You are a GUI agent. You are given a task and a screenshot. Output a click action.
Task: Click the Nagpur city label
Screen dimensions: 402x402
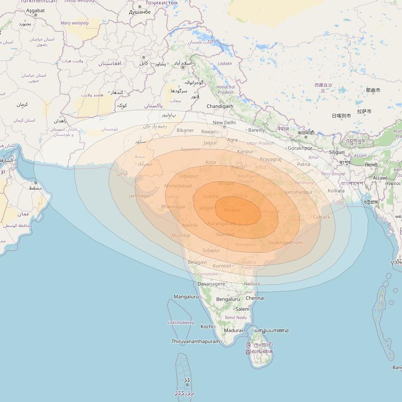(232, 210)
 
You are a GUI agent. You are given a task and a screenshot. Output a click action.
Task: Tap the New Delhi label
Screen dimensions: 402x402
(224, 123)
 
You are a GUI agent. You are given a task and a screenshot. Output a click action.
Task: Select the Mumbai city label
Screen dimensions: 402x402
(181, 235)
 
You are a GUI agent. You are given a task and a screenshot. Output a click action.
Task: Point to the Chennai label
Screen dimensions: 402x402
(255, 298)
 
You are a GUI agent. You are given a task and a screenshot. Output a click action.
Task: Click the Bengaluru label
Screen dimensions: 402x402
(228, 299)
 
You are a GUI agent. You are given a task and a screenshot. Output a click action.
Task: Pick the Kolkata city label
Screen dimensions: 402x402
(336, 190)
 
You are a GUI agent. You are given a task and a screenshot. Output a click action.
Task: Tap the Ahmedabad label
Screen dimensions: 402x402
(178, 186)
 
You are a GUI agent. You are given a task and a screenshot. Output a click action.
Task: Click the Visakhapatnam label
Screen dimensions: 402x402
(285, 242)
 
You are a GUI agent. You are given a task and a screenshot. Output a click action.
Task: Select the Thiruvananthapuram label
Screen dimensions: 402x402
(195, 341)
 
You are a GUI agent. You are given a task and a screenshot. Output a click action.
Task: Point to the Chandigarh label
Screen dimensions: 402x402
(220, 106)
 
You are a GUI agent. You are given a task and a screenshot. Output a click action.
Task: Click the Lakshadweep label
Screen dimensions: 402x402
(181, 323)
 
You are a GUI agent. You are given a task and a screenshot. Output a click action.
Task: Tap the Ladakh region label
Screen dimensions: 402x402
(224, 64)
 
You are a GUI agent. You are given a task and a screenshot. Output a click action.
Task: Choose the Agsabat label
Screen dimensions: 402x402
(35, 10)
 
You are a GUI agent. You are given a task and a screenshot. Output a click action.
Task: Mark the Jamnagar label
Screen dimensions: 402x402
(139, 196)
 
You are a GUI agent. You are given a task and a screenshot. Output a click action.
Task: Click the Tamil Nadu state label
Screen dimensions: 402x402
(235, 317)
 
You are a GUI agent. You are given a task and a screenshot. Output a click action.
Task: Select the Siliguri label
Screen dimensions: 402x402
(337, 152)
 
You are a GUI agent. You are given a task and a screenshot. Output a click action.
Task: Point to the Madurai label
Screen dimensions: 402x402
(233, 330)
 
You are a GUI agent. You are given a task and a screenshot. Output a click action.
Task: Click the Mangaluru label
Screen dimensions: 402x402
(186, 297)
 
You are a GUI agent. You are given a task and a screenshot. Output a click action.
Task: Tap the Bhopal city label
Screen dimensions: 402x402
(226, 183)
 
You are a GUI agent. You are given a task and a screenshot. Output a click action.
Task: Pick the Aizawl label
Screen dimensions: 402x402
(380, 178)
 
